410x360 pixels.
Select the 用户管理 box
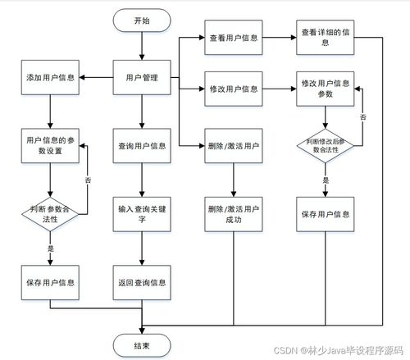tap(142, 78)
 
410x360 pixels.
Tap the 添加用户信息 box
tap(51, 78)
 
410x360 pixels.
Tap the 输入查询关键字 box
tap(142, 214)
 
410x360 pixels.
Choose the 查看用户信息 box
tap(235, 39)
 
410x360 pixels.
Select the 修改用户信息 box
tap(235, 87)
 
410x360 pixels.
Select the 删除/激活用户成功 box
tap(235, 215)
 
